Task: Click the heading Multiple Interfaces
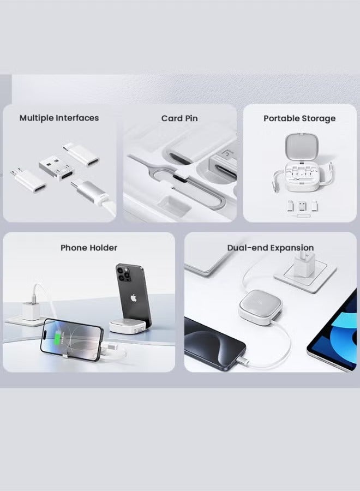click(59, 118)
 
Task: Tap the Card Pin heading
click(179, 118)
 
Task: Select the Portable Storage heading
click(299, 118)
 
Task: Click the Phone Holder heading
click(89, 248)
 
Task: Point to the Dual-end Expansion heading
click(271, 248)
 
